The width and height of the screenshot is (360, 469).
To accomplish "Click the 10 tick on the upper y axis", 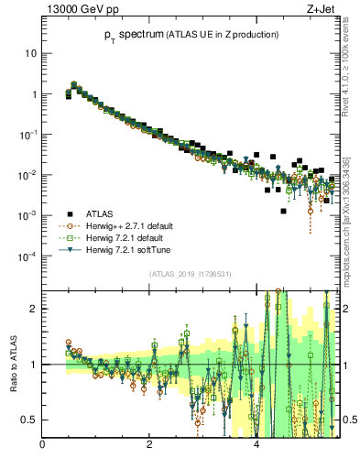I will [31, 53].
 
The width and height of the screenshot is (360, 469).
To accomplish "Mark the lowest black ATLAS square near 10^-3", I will [283, 212].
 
